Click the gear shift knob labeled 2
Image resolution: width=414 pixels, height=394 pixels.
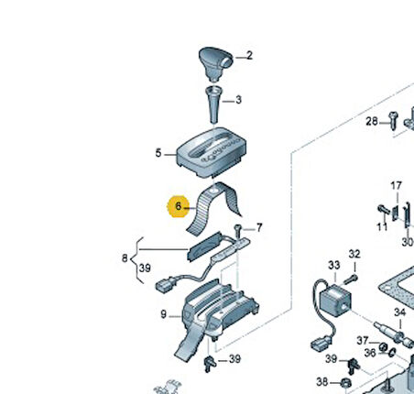(x=215, y=63)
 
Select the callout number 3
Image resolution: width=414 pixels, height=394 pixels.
(x=238, y=100)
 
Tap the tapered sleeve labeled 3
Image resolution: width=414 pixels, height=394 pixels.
(x=213, y=104)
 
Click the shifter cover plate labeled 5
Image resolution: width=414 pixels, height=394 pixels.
(x=212, y=152)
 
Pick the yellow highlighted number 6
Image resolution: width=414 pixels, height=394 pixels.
(x=179, y=206)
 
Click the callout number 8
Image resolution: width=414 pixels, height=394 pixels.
(x=125, y=258)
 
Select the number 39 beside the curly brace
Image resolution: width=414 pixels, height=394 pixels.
(x=145, y=268)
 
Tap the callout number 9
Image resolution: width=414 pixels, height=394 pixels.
(x=164, y=314)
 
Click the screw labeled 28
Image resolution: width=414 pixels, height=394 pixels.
(x=393, y=120)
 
